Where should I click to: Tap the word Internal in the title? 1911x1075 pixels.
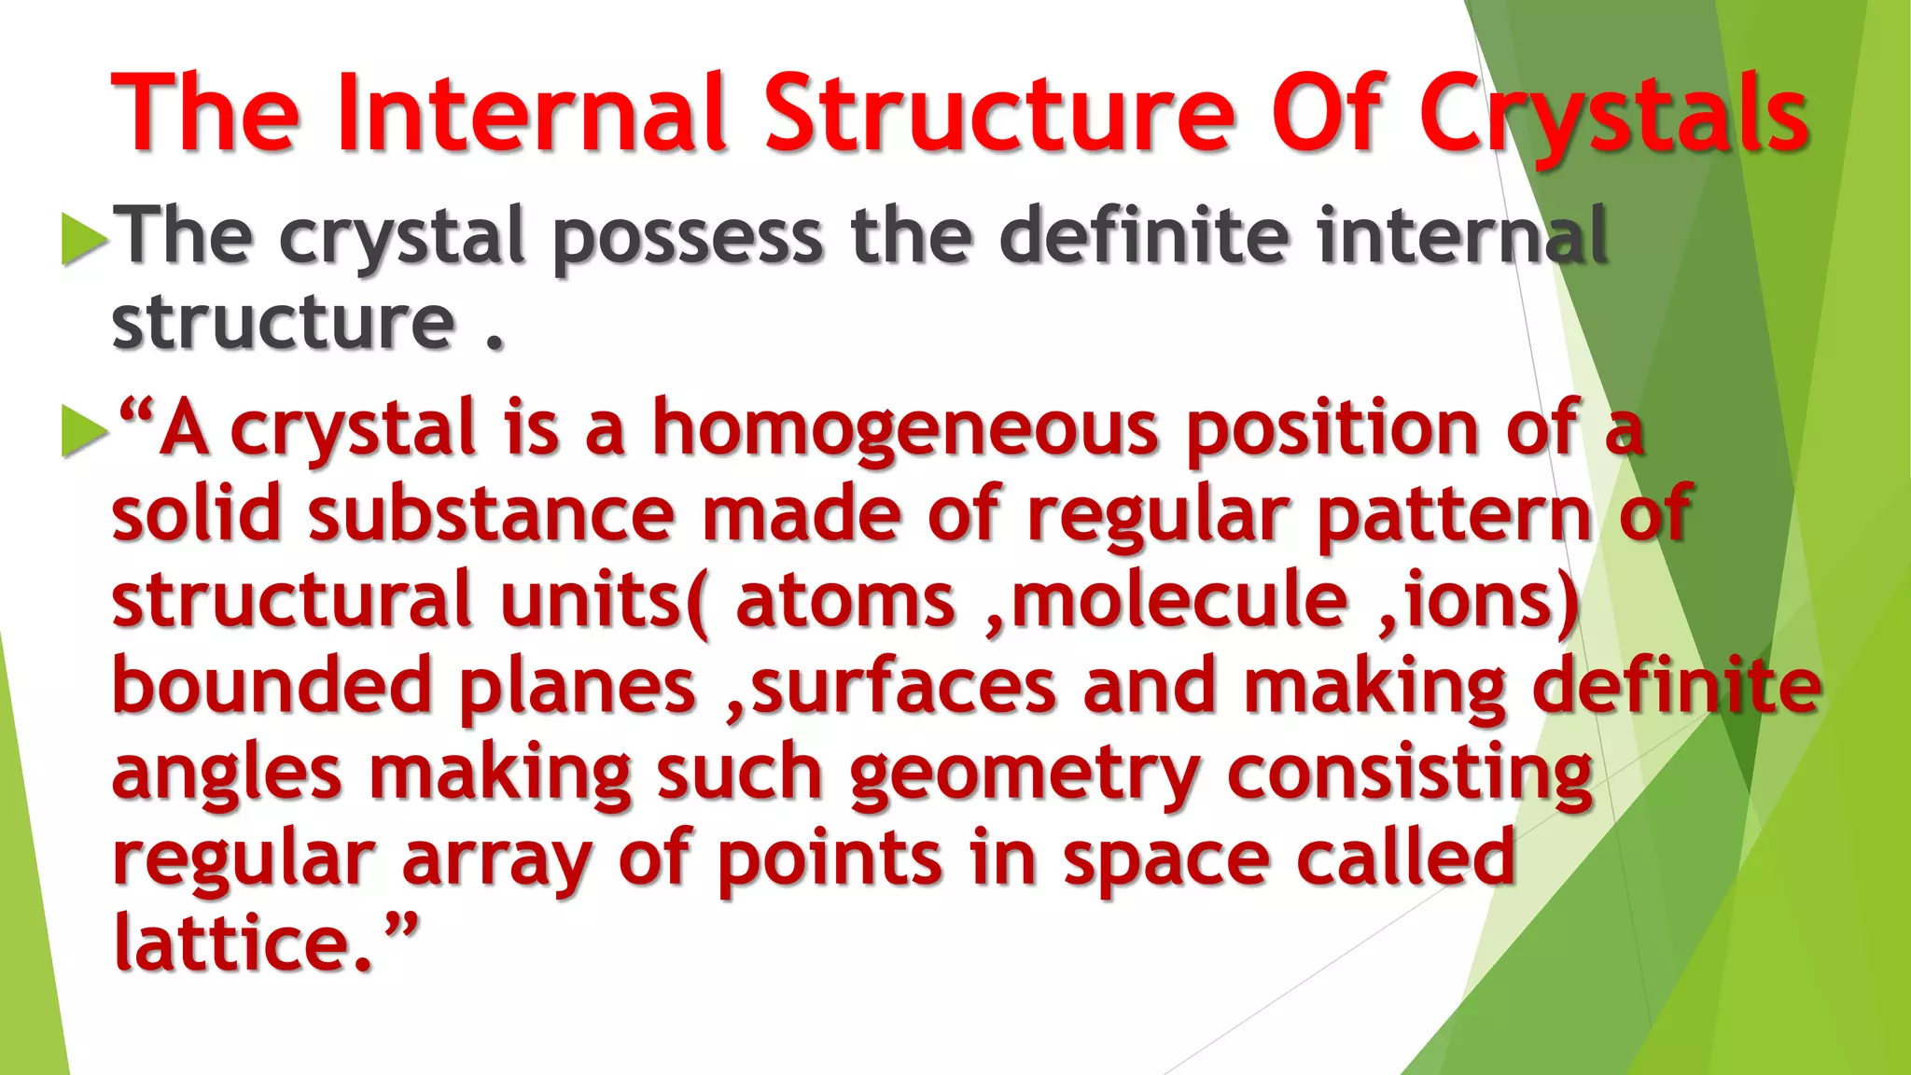click(532, 114)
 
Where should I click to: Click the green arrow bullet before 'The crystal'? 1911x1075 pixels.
click(84, 239)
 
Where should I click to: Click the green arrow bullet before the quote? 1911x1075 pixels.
click(84, 431)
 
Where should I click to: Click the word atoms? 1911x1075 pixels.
click(845, 602)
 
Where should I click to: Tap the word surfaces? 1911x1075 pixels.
click(903, 687)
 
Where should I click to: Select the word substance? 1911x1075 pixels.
click(491, 515)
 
